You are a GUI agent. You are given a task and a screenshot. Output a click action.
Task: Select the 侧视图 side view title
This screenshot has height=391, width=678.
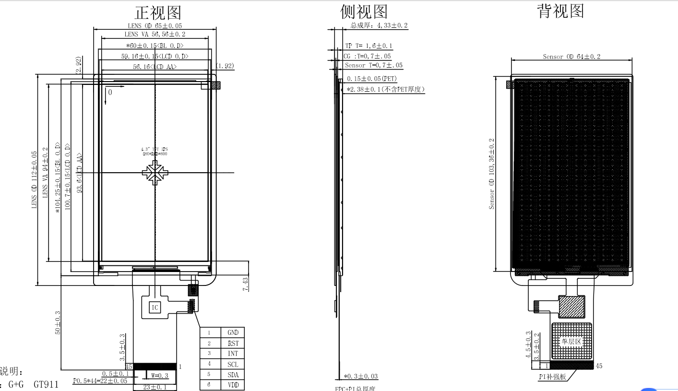pos(364,12)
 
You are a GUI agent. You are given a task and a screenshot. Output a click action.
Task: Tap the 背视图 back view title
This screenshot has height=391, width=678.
pos(560,11)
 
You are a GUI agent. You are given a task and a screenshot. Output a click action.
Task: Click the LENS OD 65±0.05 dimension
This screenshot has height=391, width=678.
pos(155,25)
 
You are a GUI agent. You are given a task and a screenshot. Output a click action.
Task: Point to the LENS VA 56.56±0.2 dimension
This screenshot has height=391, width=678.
pos(155,34)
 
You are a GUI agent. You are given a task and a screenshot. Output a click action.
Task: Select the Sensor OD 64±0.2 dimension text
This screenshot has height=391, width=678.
pos(571,57)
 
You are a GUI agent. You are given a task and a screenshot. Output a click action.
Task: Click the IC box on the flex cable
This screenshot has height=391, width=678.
pos(155,308)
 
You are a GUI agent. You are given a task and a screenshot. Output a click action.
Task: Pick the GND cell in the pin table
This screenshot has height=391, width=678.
pos(233,332)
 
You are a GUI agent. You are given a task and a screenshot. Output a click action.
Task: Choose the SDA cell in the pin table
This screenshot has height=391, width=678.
pos(233,375)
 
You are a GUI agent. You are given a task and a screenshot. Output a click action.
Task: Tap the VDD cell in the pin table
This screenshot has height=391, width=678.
pos(233,385)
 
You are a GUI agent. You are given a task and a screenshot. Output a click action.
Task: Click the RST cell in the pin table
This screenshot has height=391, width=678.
pos(233,343)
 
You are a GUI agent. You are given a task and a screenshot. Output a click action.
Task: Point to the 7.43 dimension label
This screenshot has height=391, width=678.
pos(246,284)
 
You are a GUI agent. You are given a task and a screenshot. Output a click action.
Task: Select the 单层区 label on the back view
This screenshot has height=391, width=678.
pos(571,342)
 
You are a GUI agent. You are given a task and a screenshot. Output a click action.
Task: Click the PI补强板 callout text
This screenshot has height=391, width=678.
pos(552,377)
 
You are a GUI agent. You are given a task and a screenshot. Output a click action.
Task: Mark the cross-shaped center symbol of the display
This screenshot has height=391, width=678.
pos(155,173)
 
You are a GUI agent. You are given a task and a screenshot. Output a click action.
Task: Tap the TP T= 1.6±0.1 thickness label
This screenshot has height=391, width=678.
pos(369,46)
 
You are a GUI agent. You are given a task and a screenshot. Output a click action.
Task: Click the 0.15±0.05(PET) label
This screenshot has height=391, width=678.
pos(371,79)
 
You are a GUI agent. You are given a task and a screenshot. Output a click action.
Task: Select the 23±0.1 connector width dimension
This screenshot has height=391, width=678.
pos(155,387)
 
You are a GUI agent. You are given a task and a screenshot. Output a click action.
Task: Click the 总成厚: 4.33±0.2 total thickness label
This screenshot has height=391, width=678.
pos(379,25)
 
